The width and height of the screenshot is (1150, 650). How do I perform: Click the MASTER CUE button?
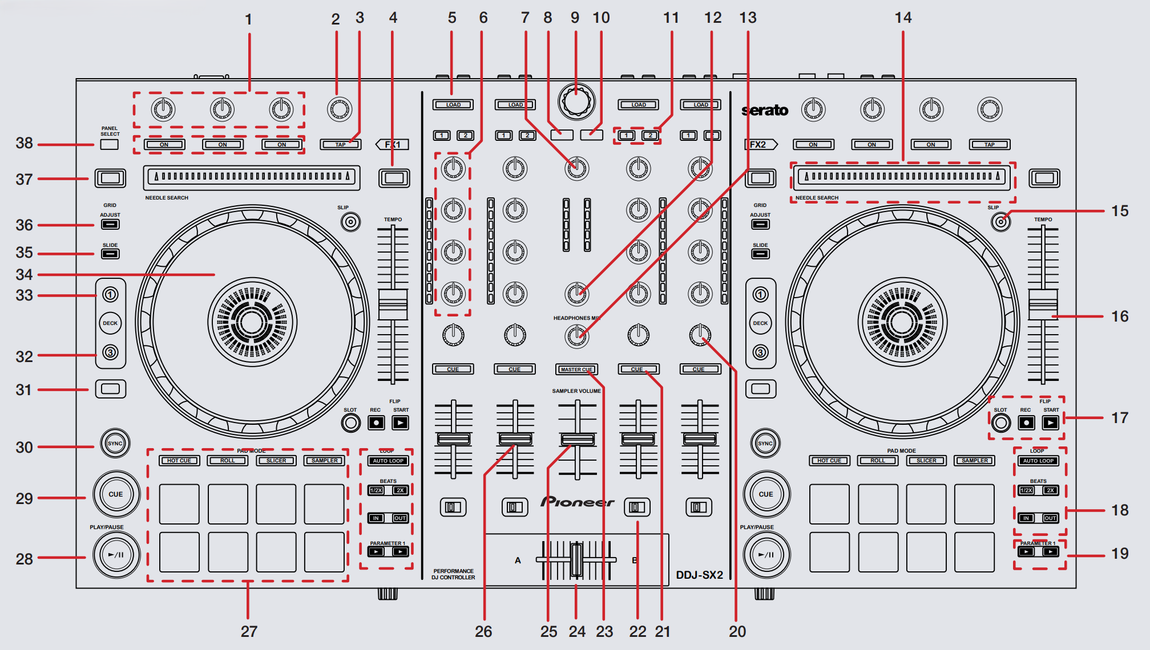[576, 369]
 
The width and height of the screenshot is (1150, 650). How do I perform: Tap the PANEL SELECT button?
[110, 144]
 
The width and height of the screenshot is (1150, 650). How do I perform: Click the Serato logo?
[765, 110]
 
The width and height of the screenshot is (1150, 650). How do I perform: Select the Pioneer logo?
[577, 502]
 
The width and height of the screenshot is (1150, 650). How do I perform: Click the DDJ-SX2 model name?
[699, 575]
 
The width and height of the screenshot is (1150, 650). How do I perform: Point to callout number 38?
[24, 143]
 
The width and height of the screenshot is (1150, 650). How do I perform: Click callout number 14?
[903, 18]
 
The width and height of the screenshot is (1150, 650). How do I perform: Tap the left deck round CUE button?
[116, 494]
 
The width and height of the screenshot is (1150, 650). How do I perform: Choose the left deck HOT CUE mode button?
[179, 460]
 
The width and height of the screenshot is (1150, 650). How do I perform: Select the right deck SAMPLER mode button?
[975, 460]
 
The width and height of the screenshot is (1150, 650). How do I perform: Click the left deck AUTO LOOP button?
[388, 461]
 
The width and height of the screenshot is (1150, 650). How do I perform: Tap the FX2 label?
[759, 144]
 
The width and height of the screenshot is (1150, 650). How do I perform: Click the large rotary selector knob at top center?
[576, 101]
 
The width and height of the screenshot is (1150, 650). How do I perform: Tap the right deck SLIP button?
[1000, 221]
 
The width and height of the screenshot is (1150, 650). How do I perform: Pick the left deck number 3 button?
[110, 352]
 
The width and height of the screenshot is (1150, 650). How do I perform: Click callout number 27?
[249, 631]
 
